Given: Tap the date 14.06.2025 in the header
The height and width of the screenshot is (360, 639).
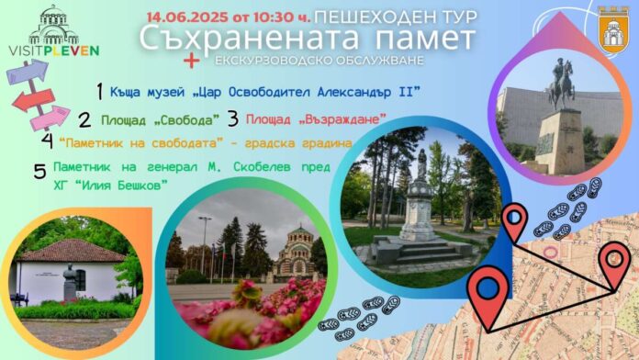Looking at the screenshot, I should coord(181,16).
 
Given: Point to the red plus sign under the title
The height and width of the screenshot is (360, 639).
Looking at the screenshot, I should coord(192,61).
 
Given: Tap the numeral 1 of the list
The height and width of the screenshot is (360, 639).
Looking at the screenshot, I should coord(99,90).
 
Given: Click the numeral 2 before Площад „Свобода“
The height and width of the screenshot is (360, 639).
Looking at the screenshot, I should coord(84,119).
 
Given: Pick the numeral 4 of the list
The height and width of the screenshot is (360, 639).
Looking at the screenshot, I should coord(47,141).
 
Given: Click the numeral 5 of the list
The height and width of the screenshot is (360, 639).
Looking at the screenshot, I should coord(39,172).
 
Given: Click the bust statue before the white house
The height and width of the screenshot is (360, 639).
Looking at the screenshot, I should coord(70,282).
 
